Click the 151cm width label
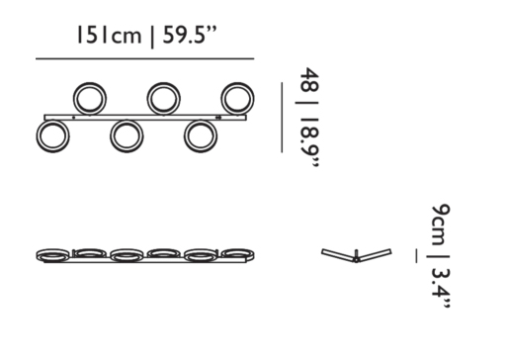click(x=109, y=35)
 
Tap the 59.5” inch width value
click(x=190, y=35)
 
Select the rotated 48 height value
click(x=309, y=80)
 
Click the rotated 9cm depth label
click(x=441, y=225)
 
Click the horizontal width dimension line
click(x=145, y=59)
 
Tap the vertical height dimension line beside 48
click(x=282, y=118)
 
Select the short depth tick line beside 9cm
click(x=416, y=256)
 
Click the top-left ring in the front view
click(x=74, y=99)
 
